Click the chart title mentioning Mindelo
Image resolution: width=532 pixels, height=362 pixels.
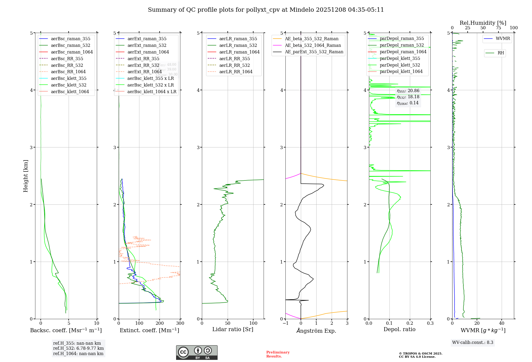coord(266,10)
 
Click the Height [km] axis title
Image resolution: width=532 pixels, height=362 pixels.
coord(26,176)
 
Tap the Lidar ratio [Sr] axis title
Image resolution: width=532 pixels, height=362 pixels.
coord(233,329)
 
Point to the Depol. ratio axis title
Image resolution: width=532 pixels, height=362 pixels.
coord(399,329)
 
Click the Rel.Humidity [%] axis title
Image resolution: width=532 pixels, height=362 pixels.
coord(483,23)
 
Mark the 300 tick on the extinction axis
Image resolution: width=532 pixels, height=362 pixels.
coord(180,323)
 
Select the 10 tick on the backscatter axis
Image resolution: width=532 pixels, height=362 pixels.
coord(97,323)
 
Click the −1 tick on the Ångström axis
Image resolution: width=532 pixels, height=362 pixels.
coord(285,323)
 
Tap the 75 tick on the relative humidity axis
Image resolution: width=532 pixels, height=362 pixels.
coord(498,28)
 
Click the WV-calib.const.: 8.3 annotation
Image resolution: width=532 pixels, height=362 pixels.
coord(473,343)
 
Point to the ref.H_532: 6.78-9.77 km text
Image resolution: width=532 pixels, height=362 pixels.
coord(78,348)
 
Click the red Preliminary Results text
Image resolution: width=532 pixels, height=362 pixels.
coord(278,354)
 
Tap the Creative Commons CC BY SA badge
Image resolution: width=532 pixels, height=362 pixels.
coord(197,353)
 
